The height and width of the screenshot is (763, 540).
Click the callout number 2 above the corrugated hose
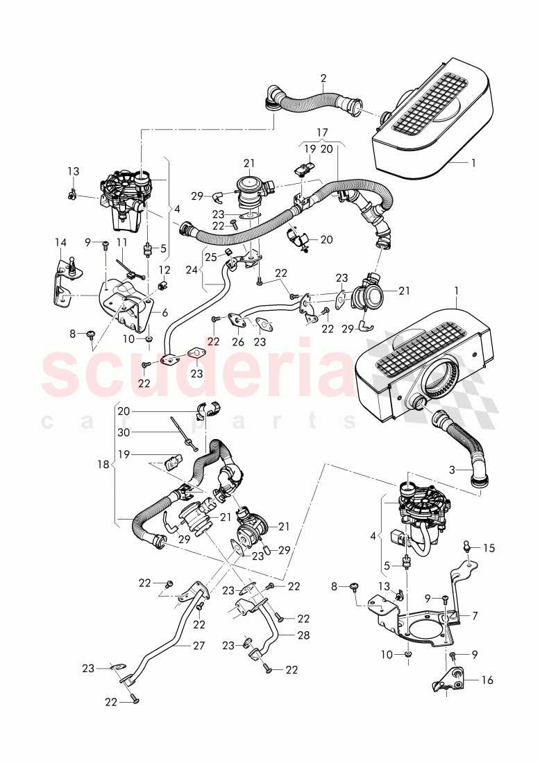pyautogui.click(x=323, y=78)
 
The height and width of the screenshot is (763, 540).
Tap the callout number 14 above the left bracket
pyautogui.click(x=60, y=242)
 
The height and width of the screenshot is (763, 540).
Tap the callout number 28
pyautogui.click(x=303, y=635)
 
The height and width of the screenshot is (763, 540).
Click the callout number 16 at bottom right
pyautogui.click(x=487, y=680)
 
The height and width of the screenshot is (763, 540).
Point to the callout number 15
pyautogui.click(x=489, y=548)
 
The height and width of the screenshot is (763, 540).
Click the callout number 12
pyautogui.click(x=165, y=269)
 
